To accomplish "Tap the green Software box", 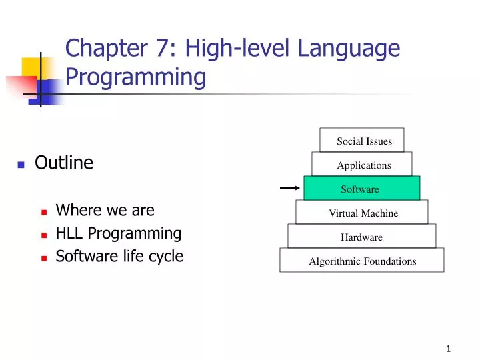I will pyautogui.click(x=362, y=189).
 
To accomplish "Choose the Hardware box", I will pyautogui.click(x=362, y=237).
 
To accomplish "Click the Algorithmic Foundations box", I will pyautogui.click(x=362, y=261).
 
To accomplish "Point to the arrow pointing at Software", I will pyautogui.click(x=289, y=189).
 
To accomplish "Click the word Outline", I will pyautogui.click(x=64, y=163).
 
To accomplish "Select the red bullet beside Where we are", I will pyautogui.click(x=43, y=212).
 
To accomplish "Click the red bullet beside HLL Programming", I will pyautogui.click(x=43, y=235).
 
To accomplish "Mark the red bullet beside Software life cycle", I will pyautogui.click(x=43, y=257).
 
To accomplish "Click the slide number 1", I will pyautogui.click(x=449, y=349).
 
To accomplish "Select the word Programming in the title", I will pyautogui.click(x=135, y=78).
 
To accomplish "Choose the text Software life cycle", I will pyautogui.click(x=119, y=256).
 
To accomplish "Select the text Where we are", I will pyautogui.click(x=105, y=211).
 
